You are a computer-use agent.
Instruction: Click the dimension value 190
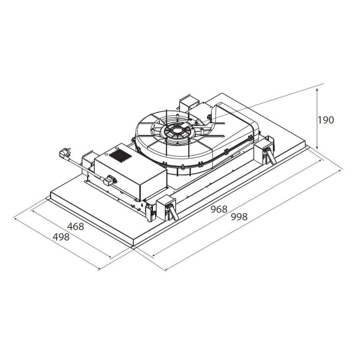(x=326, y=120)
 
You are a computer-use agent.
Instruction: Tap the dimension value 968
(x=219, y=209)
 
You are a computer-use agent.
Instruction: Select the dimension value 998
(x=239, y=217)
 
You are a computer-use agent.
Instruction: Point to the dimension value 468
(x=76, y=227)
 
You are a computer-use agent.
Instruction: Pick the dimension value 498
(x=61, y=237)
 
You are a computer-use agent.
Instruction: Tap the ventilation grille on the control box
(x=120, y=156)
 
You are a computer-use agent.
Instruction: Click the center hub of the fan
(x=177, y=130)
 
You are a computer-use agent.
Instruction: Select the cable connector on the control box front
(x=110, y=180)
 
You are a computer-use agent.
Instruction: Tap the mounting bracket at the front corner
(x=166, y=207)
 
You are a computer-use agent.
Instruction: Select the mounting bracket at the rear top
(x=189, y=102)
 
